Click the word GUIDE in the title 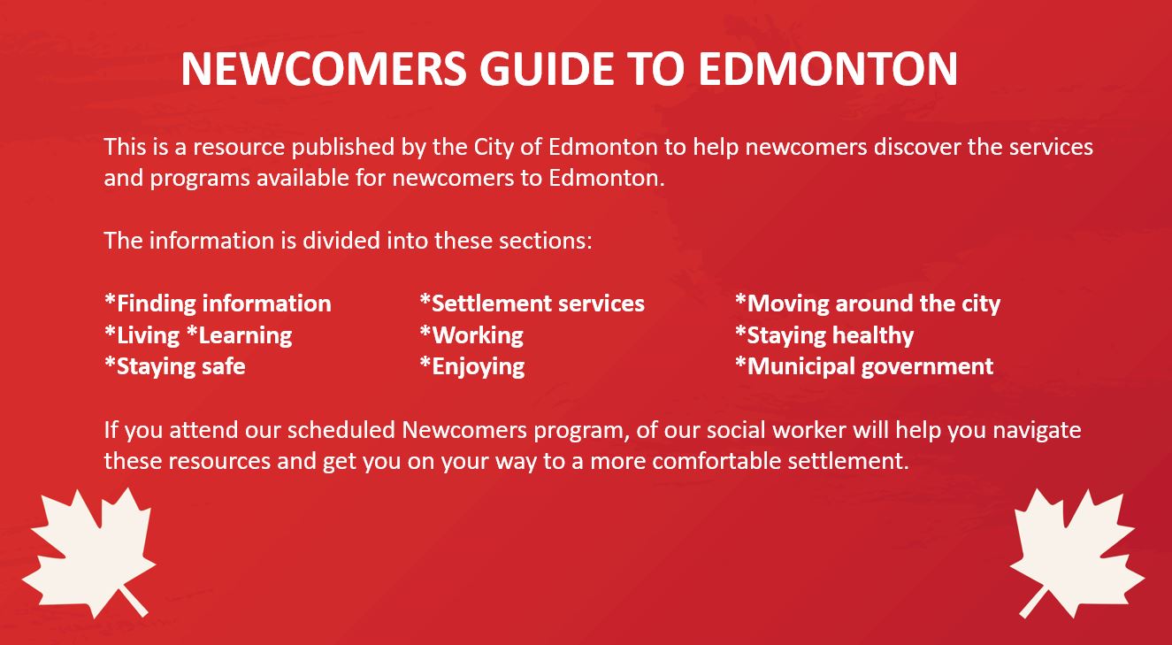(547, 69)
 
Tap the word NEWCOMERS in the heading (324, 69)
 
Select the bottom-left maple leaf (89, 553)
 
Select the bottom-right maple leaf (1076, 553)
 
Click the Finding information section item (218, 304)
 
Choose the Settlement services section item (532, 303)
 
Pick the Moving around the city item (868, 304)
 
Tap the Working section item (471, 335)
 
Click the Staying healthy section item (824, 335)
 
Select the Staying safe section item (175, 367)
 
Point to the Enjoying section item (472, 367)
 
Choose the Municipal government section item (864, 367)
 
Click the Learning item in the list (239, 335)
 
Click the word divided (341, 241)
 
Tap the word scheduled (341, 430)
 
